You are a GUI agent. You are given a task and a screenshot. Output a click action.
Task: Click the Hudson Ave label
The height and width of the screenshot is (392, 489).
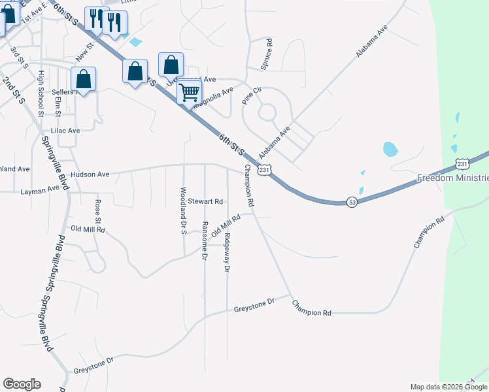pos(90,175)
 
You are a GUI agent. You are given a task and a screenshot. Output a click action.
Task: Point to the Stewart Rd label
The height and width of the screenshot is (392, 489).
pos(206,201)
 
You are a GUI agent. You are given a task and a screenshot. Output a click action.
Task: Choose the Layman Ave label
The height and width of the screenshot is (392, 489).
pos(39,191)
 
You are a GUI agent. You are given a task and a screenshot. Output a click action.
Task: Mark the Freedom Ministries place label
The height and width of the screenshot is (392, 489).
pos(453,178)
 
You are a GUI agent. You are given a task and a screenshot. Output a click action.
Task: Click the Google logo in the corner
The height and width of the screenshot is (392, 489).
pos(22,384)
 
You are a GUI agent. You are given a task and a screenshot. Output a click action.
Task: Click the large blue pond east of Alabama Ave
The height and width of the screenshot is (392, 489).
pos(390,149)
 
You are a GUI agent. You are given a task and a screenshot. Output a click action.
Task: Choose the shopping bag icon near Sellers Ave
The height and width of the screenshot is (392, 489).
pos(84,80)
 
